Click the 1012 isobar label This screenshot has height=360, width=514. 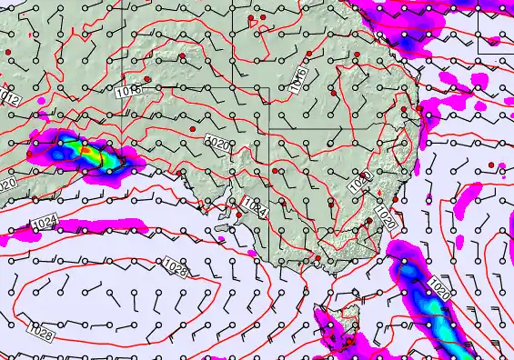pyautogui.click(x=10, y=96)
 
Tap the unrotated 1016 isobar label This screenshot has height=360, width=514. pyautogui.click(x=129, y=91)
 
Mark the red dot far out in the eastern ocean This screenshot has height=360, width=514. pyautogui.click(x=492, y=165)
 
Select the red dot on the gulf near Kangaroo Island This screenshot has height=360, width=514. pyautogui.click(x=238, y=203)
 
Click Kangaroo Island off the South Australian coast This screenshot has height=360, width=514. pyautogui.click(x=221, y=218)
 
